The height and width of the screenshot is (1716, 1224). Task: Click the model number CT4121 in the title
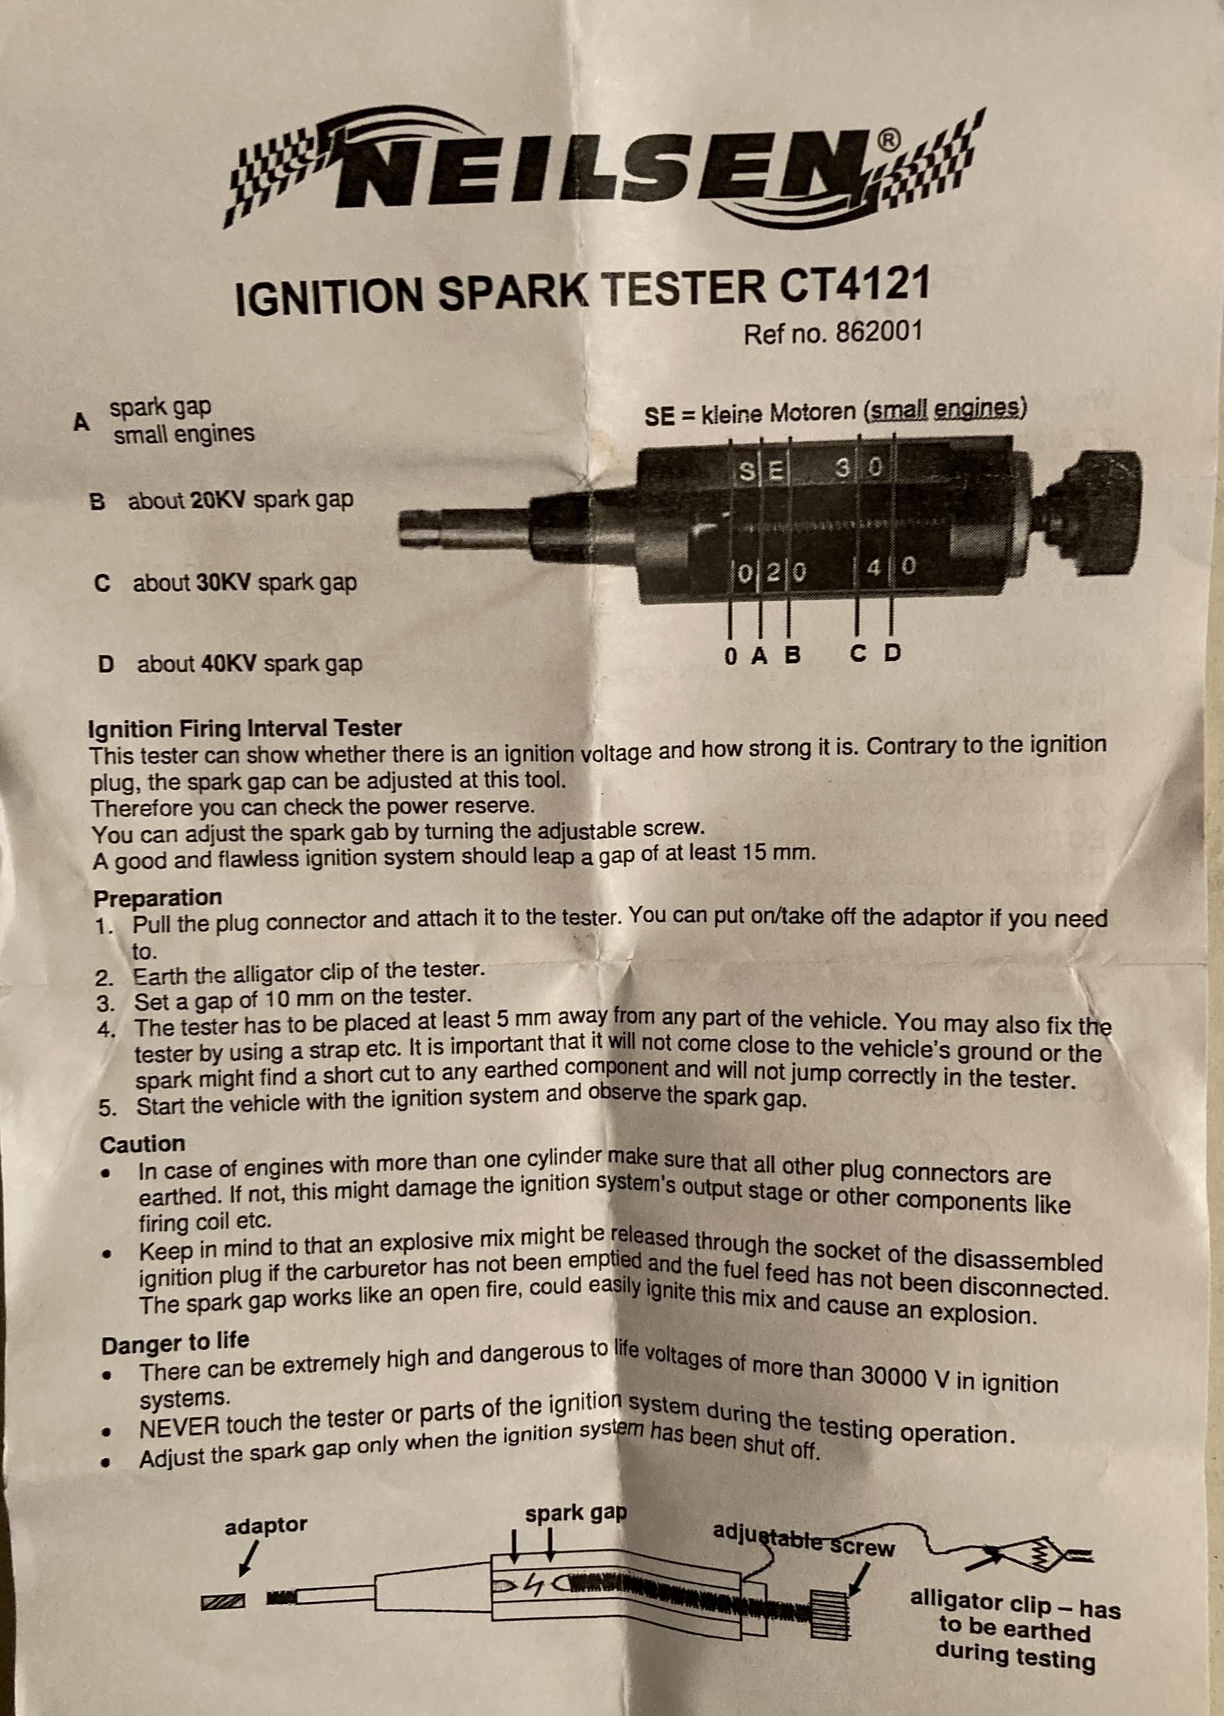click(855, 286)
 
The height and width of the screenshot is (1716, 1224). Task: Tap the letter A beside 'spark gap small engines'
click(82, 422)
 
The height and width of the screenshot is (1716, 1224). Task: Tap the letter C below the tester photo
click(858, 653)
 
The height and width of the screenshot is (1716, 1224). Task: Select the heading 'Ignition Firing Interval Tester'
click(245, 728)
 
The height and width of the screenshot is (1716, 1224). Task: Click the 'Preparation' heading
click(157, 898)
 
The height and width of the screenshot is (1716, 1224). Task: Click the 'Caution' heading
click(143, 1144)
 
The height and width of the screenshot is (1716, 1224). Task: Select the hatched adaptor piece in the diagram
click(223, 1602)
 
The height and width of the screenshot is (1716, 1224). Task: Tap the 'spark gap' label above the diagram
click(576, 1513)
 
